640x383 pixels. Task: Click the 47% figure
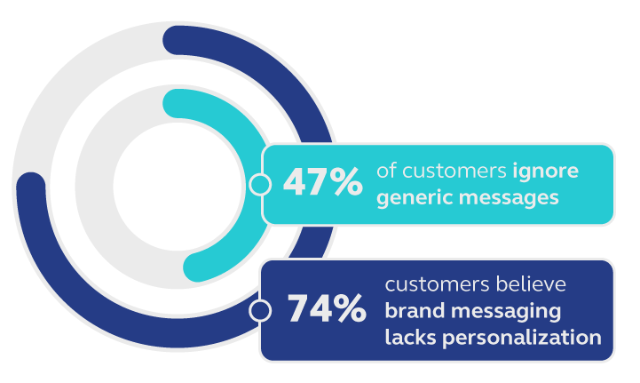tap(322, 181)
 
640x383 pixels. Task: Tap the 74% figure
tap(327, 307)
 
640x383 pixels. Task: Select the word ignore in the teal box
tap(545, 172)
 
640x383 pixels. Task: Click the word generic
tap(415, 198)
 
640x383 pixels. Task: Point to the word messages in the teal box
tap(509, 198)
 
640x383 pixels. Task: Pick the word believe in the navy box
tap(531, 284)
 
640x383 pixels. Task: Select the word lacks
tap(410, 338)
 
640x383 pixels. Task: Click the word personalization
tap(522, 339)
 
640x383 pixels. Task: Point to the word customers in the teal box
tap(454, 172)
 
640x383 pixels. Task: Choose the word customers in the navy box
tap(437, 285)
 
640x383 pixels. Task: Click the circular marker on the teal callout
tap(259, 184)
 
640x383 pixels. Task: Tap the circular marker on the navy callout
tap(259, 311)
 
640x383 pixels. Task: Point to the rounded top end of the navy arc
tap(178, 41)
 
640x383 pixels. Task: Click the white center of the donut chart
tap(178, 187)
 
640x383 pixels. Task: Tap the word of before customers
tap(386, 171)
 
